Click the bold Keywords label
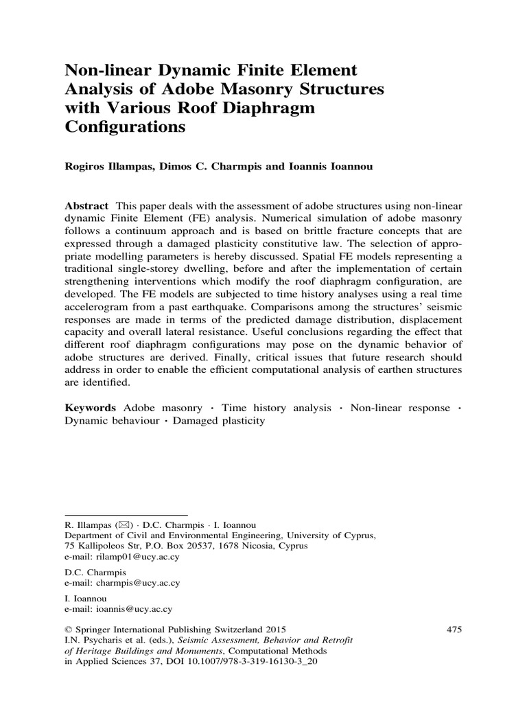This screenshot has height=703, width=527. tap(89, 408)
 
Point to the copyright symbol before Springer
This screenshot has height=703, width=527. tap(67, 629)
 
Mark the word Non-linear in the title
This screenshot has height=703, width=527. tap(103, 70)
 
